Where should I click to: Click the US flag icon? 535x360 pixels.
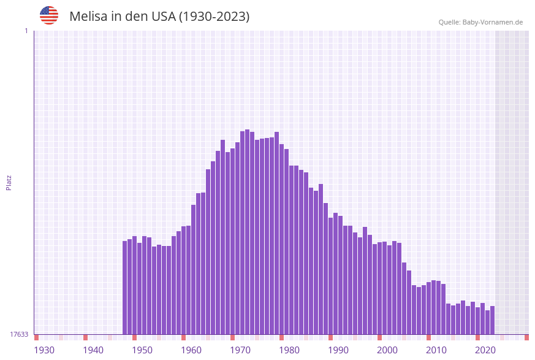49,15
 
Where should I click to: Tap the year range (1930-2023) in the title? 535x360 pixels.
214,17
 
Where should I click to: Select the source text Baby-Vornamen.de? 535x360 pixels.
493,22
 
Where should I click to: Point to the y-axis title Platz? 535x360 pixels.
9,182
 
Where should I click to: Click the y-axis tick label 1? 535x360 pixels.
26,31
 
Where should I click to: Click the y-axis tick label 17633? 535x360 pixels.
19,334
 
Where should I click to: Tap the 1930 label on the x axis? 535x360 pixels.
44,350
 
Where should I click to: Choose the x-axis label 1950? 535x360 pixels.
142,350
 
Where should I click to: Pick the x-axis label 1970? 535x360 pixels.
240,350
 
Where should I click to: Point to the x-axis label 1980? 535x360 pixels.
289,350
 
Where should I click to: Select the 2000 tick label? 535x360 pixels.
387,350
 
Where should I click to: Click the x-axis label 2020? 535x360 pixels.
485,350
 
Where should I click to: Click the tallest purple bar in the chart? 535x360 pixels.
247,233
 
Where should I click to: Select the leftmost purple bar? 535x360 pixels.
124,288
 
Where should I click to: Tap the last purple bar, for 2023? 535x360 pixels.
492,320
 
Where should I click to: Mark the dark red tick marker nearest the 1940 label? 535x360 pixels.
85,337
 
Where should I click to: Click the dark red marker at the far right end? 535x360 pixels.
526,337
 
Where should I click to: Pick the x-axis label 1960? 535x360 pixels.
191,350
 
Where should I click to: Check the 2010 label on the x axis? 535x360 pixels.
436,350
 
